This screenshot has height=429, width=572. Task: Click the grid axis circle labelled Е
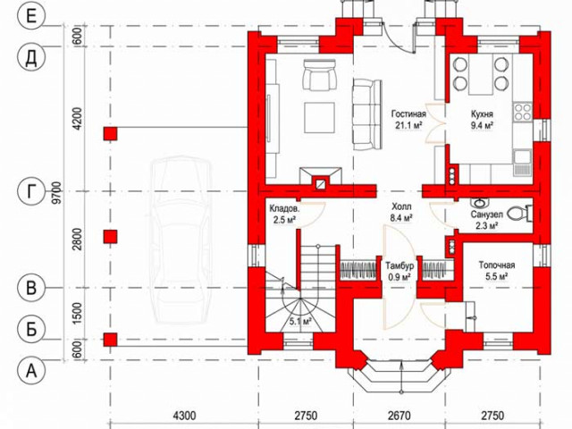31,16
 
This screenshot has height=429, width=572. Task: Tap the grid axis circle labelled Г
31,191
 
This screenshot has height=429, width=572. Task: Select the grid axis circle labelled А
31,371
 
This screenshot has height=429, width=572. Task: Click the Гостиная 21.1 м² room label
408,119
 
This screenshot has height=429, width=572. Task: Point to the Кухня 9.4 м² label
483,119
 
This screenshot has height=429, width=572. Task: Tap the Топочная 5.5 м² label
497,271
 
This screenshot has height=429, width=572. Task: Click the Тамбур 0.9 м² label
400,271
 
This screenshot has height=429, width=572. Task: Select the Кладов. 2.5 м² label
284,214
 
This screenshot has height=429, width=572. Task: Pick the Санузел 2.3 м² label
486,220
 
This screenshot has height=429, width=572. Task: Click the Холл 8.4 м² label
401,212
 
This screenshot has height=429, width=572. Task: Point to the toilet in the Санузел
519,214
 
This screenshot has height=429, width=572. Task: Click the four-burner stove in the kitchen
522,112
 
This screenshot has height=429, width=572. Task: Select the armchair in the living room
319,75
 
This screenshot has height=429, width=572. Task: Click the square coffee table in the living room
320,118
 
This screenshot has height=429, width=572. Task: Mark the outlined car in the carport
181,240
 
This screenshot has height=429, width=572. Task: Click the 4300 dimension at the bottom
184,416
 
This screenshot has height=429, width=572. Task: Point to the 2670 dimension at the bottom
400,416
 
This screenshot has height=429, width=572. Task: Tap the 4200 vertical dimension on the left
78,119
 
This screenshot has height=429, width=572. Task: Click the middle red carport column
110,237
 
